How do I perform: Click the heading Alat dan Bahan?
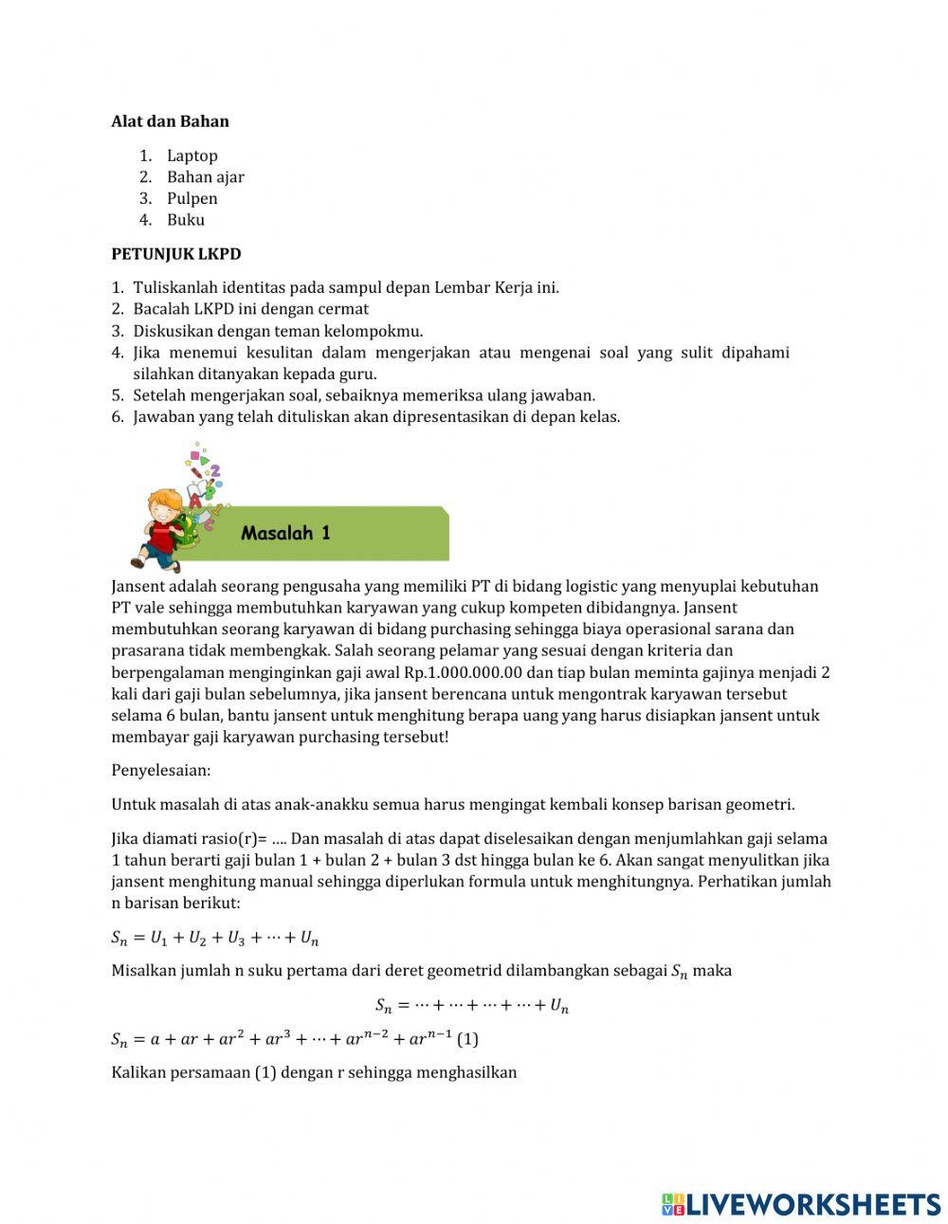[170, 121]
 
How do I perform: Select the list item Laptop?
[191, 155]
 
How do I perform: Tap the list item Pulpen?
[191, 198]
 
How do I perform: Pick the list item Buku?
[185, 220]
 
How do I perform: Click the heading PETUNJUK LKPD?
[176, 254]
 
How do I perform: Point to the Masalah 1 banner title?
[285, 533]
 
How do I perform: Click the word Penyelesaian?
[161, 770]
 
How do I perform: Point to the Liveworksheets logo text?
[813, 1204]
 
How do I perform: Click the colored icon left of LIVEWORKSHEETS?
[673, 1204]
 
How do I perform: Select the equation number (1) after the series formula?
[467, 1039]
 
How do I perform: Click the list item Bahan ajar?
[205, 177]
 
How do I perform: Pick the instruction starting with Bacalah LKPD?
[250, 309]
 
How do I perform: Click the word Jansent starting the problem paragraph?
[137, 587]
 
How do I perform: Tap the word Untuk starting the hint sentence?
[132, 805]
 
